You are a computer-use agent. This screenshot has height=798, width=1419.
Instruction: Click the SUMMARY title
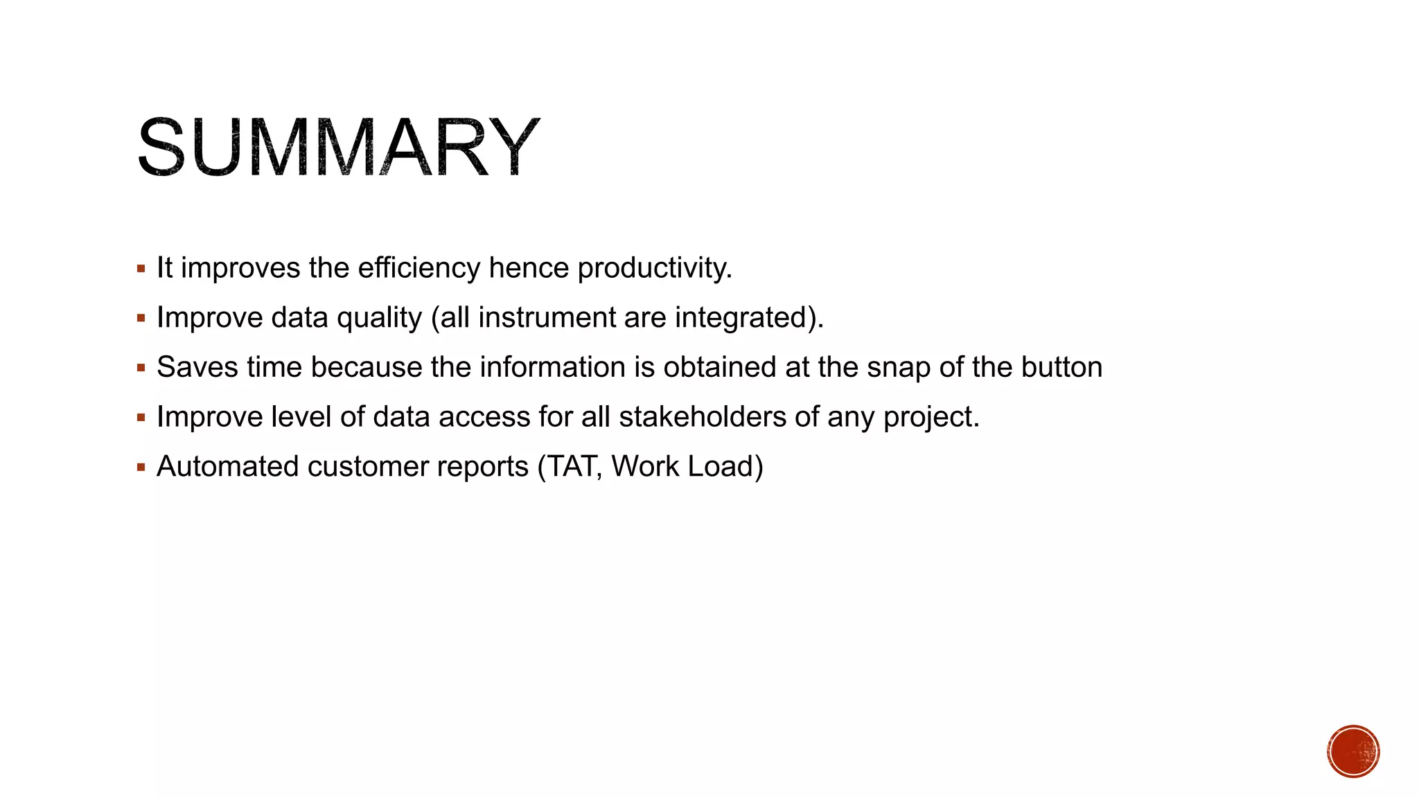coord(337,148)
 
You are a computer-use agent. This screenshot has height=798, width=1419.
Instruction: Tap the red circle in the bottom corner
coord(1353,752)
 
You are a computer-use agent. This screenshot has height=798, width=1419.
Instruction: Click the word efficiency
coord(418,268)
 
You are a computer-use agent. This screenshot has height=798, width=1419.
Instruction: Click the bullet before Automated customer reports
coord(141,468)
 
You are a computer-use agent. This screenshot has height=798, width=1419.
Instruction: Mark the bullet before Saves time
coord(141,368)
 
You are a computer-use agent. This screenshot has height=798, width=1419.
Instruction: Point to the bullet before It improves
coord(141,269)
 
